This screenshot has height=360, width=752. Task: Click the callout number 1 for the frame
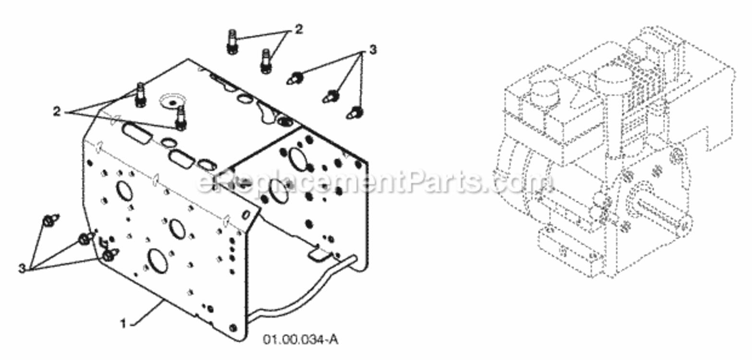pos(123,324)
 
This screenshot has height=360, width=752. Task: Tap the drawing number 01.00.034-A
pos(301,340)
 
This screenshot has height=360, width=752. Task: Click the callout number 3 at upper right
pos(373,50)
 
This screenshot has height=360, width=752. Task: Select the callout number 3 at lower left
pos(22,268)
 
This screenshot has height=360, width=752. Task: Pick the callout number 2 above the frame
pos(299,29)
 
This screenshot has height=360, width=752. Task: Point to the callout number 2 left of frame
pos(57,111)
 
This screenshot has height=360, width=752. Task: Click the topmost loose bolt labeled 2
pos(232,42)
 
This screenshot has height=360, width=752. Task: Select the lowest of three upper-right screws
pos(354,113)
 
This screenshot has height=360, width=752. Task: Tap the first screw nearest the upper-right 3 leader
pos(295,79)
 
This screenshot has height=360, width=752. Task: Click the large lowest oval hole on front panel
pos(157,261)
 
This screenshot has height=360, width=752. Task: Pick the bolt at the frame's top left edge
pos(141,96)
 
